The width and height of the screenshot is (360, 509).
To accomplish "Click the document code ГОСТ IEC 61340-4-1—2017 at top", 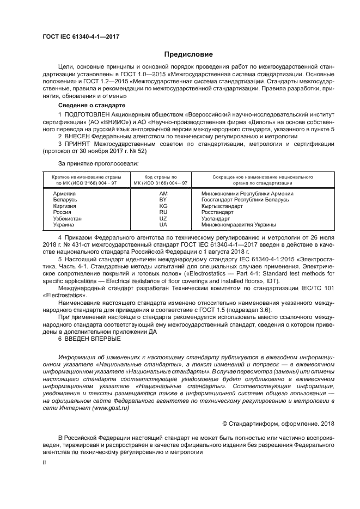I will pyautogui.click(x=81, y=36).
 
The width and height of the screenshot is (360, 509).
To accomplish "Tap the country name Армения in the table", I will pyautogui.click(x=65, y=193).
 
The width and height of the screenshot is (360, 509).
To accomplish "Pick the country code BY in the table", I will pyautogui.click(x=163, y=200).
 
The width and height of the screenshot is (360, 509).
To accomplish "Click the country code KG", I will pyautogui.click(x=163, y=206).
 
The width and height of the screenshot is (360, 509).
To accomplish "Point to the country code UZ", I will pyautogui.click(x=163, y=218).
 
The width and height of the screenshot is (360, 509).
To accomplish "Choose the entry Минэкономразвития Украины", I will pyautogui.click(x=239, y=224).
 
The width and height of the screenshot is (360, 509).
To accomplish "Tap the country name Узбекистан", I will pyautogui.click(x=67, y=218).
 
